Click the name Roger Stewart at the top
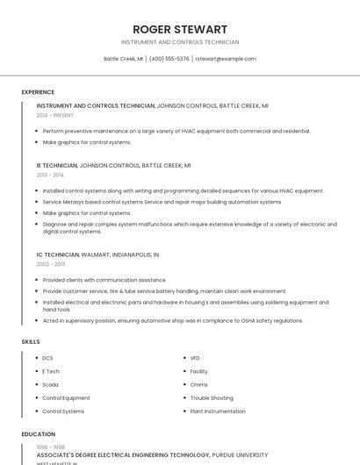[x=180, y=29]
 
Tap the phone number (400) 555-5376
[x=169, y=59]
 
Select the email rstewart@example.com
[x=226, y=59]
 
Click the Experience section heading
[x=38, y=92]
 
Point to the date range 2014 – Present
[x=55, y=115]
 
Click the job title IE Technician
[x=57, y=165]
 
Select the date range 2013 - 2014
[x=50, y=175]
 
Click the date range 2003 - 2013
[x=50, y=264]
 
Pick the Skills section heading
[x=31, y=341]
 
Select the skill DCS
[x=48, y=358]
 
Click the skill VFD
[x=195, y=358]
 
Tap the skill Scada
[x=51, y=384]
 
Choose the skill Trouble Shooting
[x=212, y=397]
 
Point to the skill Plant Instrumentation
[x=218, y=411]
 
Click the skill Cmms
[x=198, y=384]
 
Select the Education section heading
[x=38, y=434]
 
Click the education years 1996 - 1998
[x=50, y=447]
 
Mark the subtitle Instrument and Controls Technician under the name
[x=180, y=42]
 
